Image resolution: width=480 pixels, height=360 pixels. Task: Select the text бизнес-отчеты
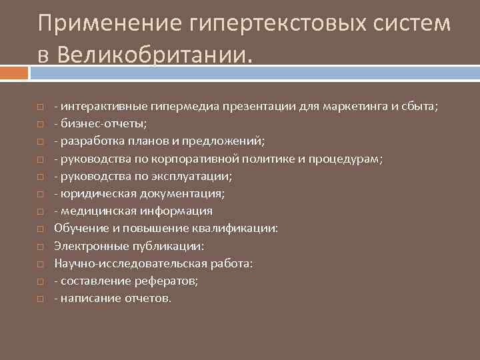pos(104,124)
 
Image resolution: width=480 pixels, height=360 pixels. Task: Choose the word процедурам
pos(347,159)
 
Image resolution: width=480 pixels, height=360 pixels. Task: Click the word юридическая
pos(99,193)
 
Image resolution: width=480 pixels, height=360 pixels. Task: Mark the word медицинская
pos(98,211)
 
